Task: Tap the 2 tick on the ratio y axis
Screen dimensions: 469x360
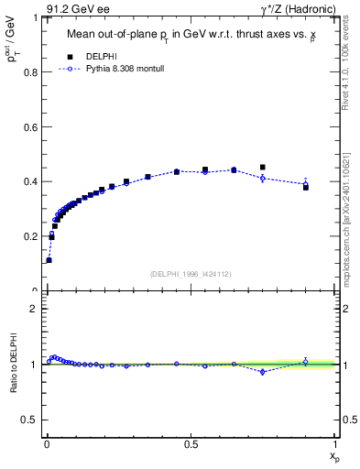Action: click(36, 309)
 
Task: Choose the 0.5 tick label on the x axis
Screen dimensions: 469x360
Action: click(191, 445)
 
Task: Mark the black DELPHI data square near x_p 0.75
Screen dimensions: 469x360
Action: click(263, 168)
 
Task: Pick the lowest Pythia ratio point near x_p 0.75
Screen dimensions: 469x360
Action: click(263, 372)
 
